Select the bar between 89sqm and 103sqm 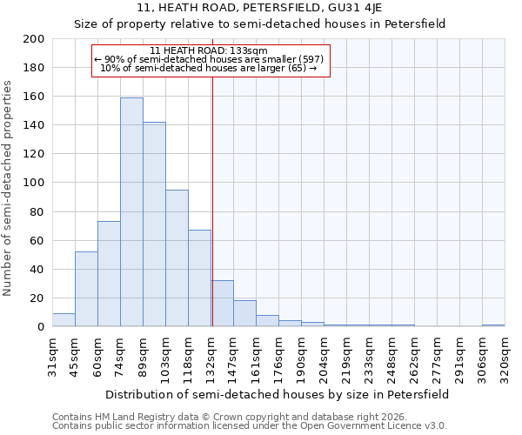(x=154, y=224)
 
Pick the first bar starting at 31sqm (x=64, y=319)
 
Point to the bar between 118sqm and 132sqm (x=199, y=278)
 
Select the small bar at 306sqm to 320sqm (x=493, y=325)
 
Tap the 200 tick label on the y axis (x=34, y=39)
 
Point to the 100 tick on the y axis (x=34, y=183)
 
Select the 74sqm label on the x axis (x=121, y=354)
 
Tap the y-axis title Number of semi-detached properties (x=9, y=188)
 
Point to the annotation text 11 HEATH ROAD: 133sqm (x=203, y=50)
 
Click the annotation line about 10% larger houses (x=209, y=68)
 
